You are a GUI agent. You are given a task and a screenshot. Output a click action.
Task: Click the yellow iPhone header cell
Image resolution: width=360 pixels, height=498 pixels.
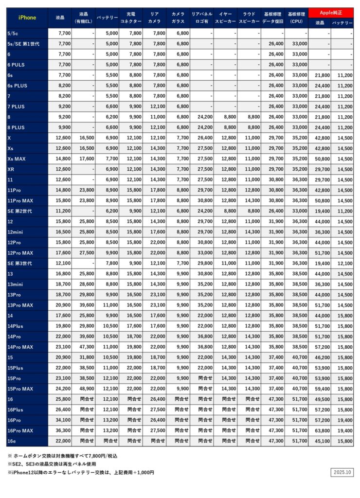(x=27, y=18)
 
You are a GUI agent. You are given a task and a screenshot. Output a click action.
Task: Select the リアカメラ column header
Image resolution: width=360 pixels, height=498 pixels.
(x=154, y=18)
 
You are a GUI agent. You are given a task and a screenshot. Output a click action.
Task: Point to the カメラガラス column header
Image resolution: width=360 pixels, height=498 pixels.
(x=178, y=18)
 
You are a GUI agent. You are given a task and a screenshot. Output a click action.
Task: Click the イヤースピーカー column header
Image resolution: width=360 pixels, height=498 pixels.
(x=225, y=18)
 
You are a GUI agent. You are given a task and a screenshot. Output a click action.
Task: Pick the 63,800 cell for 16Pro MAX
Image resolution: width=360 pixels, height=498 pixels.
(x=320, y=430)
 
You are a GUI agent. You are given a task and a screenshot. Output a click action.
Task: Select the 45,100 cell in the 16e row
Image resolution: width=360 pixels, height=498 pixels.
(x=320, y=441)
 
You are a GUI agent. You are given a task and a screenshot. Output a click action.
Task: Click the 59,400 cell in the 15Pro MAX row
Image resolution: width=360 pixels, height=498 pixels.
(x=320, y=389)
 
